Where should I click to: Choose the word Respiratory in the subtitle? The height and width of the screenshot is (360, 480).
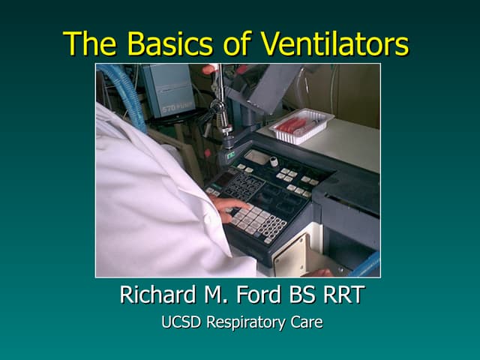coord(244,324)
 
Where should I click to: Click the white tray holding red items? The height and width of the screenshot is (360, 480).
coord(301,124)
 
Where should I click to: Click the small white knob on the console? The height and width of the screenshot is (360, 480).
coord(274,161)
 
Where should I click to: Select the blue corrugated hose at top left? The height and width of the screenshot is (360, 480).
coord(127,90)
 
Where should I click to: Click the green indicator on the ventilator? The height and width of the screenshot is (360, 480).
coord(230,155)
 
